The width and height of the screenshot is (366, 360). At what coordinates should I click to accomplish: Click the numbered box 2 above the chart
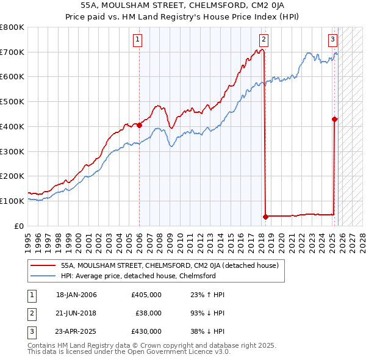[264, 40]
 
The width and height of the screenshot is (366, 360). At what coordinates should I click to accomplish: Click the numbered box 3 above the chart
[332, 40]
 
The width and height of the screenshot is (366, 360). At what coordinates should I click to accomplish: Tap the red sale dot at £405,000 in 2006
[140, 125]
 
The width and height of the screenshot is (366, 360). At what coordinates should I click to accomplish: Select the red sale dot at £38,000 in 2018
[265, 216]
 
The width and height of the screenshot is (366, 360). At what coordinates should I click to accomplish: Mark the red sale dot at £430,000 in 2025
[335, 119]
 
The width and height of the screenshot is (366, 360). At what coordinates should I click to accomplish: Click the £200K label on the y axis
[12, 176]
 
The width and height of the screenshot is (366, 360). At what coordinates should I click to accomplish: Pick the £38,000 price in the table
[148, 313]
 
